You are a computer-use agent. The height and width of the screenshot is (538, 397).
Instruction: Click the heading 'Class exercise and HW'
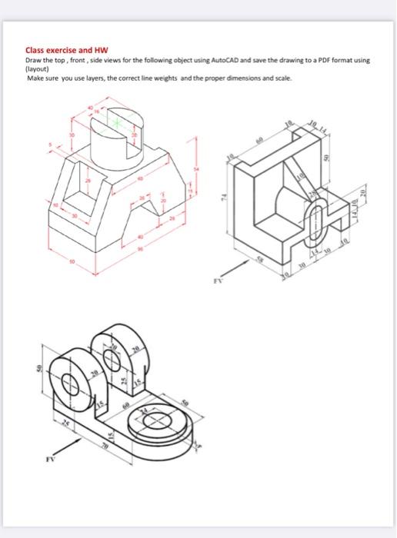tap(58, 50)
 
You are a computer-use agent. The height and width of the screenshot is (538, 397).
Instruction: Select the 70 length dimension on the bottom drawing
tap(105, 443)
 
